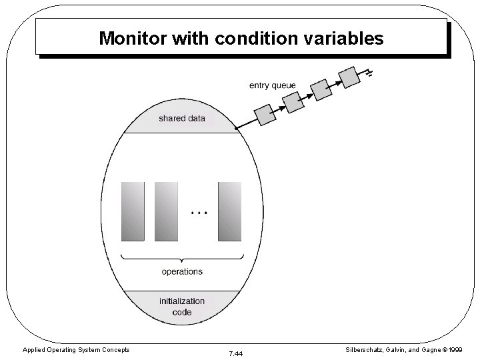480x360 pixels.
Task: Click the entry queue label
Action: coord(272,85)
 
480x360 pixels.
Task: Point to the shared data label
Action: coord(181,119)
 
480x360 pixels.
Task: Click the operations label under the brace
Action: coord(182,271)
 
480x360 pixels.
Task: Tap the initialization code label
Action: coord(181,306)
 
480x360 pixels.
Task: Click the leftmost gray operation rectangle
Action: coord(133,211)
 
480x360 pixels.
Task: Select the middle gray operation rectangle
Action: coord(167,211)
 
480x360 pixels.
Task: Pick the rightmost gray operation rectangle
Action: coord(230,211)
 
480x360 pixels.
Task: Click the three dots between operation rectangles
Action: coord(199,212)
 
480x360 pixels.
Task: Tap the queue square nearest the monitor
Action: coord(265,114)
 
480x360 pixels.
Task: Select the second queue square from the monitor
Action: coord(293,102)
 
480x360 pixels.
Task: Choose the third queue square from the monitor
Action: coord(321,89)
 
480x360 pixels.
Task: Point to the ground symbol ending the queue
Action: coord(367,71)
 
